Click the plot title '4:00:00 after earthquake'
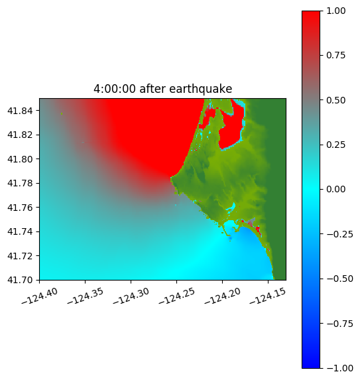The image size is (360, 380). [x=163, y=89]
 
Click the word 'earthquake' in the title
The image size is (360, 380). [x=200, y=89]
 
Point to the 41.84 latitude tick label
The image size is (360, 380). [x=20, y=111]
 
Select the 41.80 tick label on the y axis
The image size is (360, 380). [x=20, y=159]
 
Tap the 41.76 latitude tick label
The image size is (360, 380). [x=20, y=208]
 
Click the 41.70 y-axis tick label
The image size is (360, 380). [x=20, y=280]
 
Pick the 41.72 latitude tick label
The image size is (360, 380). [x=20, y=256]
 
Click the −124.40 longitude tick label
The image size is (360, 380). [x=40, y=296]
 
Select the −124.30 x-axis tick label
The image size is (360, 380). [x=131, y=296]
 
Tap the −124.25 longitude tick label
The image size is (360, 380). [x=177, y=296]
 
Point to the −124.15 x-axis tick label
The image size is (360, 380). [x=269, y=296]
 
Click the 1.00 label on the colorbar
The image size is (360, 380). [x=335, y=11]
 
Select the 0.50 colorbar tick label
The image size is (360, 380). [x=335, y=100]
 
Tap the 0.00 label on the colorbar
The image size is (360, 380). [x=335, y=190]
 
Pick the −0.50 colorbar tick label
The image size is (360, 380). [x=339, y=279]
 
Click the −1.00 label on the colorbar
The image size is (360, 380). [x=339, y=368]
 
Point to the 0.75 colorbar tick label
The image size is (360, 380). [x=335, y=56]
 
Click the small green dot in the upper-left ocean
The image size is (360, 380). [x=62, y=113]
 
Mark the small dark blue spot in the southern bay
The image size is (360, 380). [x=230, y=239]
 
